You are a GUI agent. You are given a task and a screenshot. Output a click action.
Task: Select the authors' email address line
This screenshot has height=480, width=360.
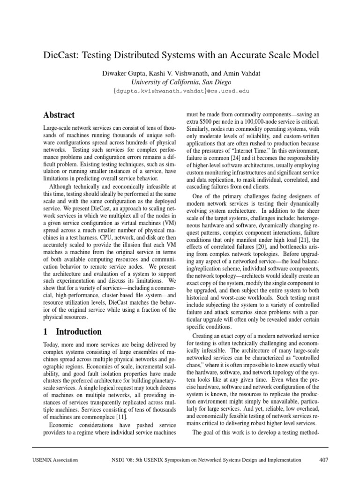tap(180, 91)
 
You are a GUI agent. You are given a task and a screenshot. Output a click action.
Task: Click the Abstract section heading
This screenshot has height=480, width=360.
tap(59, 114)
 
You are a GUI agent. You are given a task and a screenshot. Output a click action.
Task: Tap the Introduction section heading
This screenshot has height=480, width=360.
tap(78, 331)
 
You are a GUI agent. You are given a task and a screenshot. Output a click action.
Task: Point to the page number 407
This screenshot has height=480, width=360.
tap(323, 460)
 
